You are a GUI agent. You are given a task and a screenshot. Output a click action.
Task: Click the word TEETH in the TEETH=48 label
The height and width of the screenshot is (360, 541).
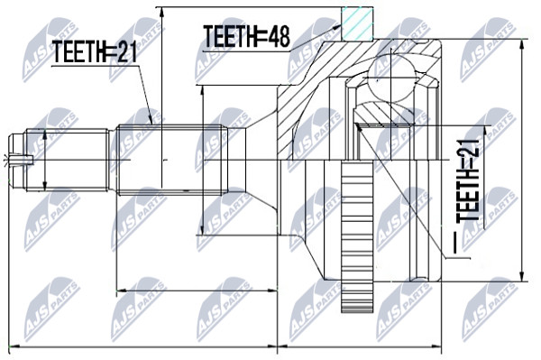tap(229, 36)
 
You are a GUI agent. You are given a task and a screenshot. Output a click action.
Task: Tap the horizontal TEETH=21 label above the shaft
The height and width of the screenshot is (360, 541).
tap(95, 51)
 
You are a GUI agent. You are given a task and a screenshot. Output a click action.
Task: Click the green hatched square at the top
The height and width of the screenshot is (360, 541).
tap(357, 23)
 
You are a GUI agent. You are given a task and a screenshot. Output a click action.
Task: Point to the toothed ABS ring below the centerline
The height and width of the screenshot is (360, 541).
tap(357, 236)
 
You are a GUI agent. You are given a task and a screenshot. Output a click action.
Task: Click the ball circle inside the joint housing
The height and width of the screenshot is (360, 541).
tap(392, 78)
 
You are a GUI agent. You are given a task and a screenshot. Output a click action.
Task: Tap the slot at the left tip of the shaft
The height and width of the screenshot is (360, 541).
tap(21, 160)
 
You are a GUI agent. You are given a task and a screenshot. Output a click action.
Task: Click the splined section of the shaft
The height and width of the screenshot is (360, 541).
tap(172, 160)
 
